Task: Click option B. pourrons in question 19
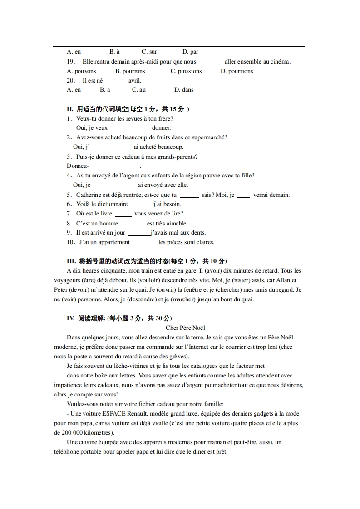(x=130, y=71)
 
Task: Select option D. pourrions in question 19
(x=237, y=71)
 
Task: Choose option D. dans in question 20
(x=184, y=90)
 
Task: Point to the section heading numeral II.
(x=70, y=109)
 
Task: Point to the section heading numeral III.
(x=71, y=261)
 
